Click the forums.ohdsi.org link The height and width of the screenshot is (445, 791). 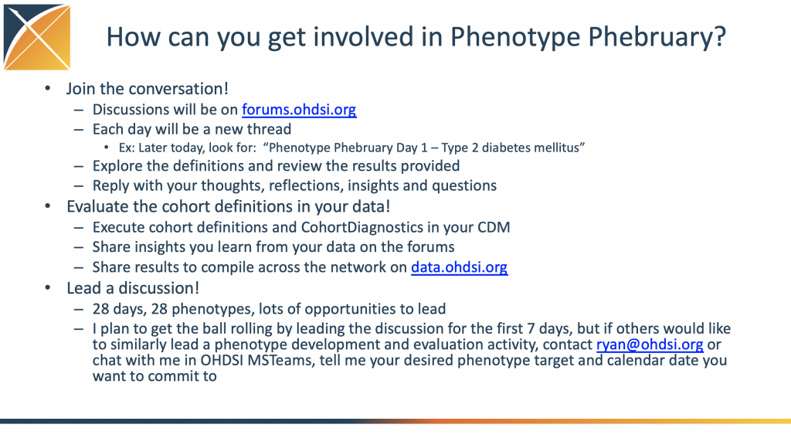(299, 110)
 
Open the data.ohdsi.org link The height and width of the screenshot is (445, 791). (459, 267)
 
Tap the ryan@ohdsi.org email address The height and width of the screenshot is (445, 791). (650, 345)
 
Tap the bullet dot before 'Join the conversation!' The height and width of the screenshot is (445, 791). (48, 90)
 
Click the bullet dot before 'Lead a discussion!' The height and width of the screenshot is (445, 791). (48, 289)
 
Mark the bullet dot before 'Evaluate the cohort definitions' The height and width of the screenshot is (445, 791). (48, 207)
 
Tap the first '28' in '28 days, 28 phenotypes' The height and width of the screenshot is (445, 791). (102, 308)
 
